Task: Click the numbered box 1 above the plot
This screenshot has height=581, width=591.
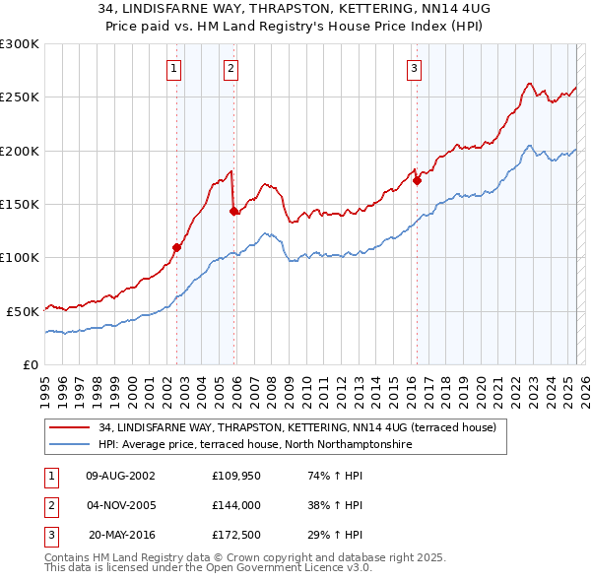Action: pyautogui.click(x=173, y=68)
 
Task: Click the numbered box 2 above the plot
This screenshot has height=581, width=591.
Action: pyautogui.click(x=230, y=68)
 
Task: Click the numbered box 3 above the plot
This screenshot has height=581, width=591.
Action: pyautogui.click(x=414, y=68)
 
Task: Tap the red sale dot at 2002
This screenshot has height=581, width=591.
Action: pyautogui.click(x=177, y=247)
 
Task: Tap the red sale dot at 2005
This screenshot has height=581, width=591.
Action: pyautogui.click(x=233, y=211)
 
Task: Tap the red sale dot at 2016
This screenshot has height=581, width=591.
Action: pyautogui.click(x=418, y=180)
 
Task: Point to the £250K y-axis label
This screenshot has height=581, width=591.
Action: pyautogui.click(x=20, y=97)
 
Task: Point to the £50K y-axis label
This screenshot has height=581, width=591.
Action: pyautogui.click(x=24, y=311)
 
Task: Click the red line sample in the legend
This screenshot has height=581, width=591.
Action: pyautogui.click(x=69, y=427)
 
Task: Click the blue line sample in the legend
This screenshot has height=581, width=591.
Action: pyautogui.click(x=69, y=445)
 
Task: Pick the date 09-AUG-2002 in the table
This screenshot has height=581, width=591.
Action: pyautogui.click(x=120, y=475)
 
